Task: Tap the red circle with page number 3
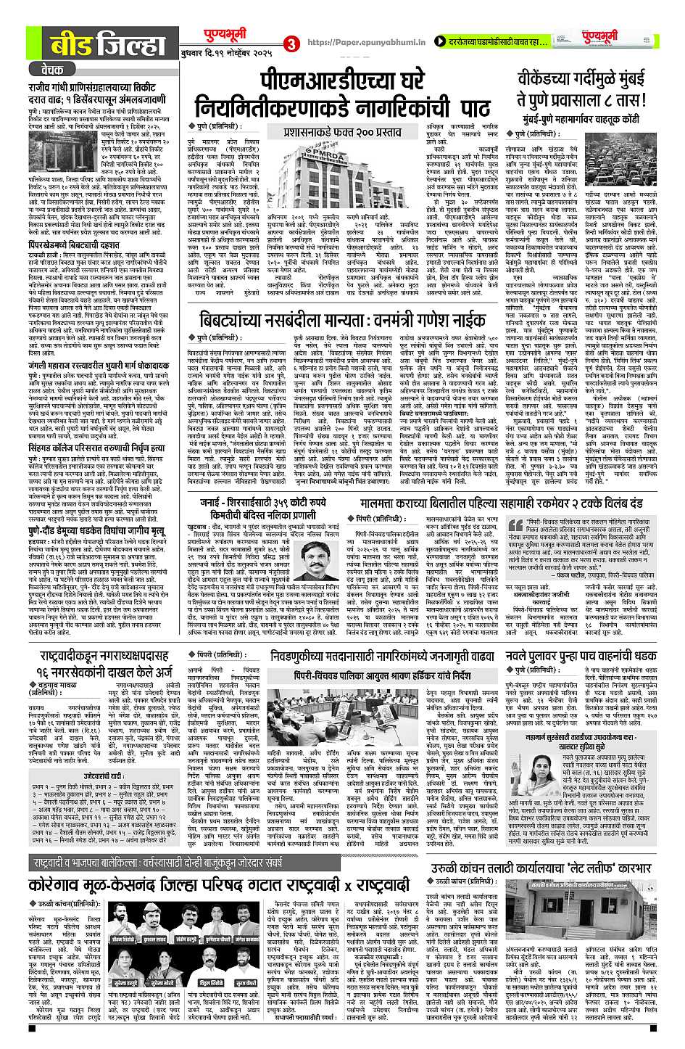pos(290,44)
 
